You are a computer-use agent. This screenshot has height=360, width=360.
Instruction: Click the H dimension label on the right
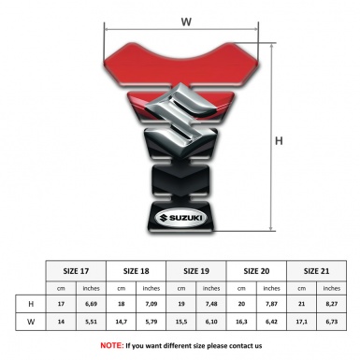pos(278,142)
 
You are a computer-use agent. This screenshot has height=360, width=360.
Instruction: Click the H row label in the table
pos(31,305)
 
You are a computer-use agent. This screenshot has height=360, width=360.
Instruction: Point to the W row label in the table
pos(31,322)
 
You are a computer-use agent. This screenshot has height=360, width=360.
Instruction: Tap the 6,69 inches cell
pos(91,305)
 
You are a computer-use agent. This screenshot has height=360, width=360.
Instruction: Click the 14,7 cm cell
pos(122,322)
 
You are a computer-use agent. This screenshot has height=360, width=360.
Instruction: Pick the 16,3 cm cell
pos(242,322)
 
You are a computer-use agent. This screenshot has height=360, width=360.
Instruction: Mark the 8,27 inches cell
pos(332,305)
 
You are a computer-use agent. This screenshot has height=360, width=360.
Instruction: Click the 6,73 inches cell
pos(332,322)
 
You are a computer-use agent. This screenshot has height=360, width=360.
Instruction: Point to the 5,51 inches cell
pos(91,322)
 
